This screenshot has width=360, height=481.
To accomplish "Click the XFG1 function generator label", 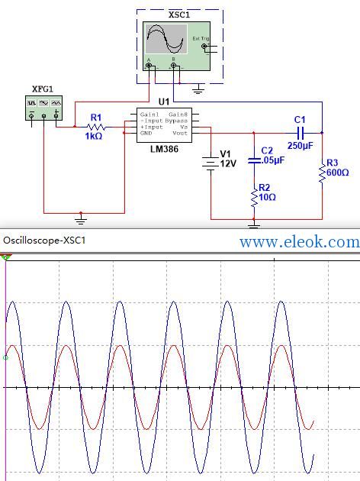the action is click(43, 89).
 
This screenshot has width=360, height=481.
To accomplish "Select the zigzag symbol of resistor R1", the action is click(96, 127).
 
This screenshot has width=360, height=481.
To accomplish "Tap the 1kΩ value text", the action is click(94, 136).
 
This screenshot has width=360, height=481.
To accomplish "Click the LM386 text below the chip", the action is click(164, 149).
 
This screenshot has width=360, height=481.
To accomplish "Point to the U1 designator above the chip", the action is click(164, 102).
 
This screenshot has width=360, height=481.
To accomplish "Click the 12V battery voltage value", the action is click(228, 163).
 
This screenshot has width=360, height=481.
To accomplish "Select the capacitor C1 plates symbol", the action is click(301, 133).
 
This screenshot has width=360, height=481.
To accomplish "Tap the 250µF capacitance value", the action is click(301, 145).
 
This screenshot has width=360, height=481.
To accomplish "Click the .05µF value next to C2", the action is click(273, 160).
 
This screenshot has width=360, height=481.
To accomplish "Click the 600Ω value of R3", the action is click(338, 173).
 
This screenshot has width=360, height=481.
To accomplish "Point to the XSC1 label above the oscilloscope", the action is click(179, 15).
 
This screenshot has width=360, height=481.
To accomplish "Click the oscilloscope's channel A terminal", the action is click(149, 66).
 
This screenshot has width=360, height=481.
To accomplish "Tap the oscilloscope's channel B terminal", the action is click(173, 66).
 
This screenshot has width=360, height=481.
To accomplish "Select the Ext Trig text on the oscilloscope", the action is click(201, 38).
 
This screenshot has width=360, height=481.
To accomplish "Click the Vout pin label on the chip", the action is click(180, 133).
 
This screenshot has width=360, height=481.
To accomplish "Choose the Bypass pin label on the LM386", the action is click(176, 121).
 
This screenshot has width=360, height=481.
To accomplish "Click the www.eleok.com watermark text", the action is click(300, 242).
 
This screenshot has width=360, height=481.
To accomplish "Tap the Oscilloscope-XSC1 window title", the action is click(44, 240).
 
